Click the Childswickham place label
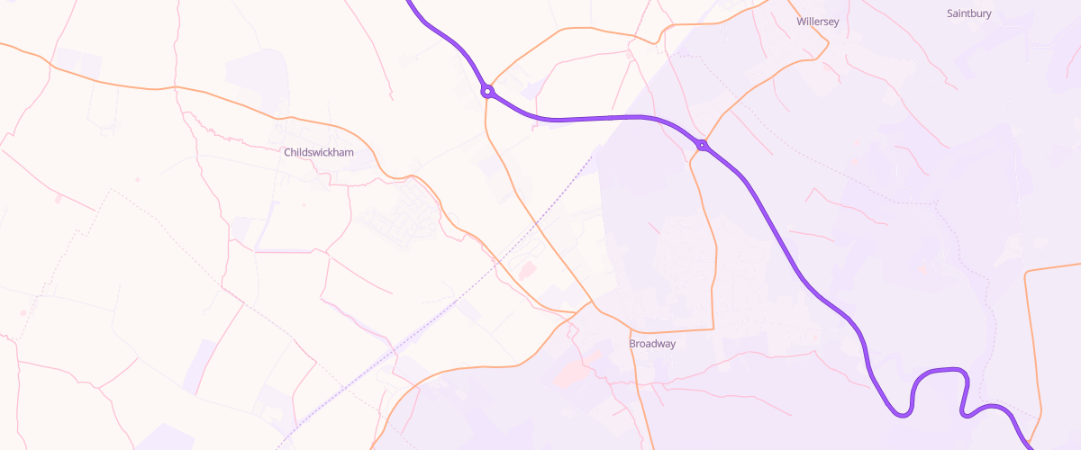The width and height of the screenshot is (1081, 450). tap(319, 152)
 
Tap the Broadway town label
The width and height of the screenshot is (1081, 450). tap(652, 344)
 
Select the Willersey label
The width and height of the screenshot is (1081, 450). tap(818, 22)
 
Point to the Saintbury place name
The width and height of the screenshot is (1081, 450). tap(969, 13)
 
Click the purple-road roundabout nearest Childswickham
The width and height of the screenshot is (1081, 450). tap(486, 91)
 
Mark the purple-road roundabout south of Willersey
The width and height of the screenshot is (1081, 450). tap(701, 145)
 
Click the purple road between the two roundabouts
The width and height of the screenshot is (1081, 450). tap(595, 118)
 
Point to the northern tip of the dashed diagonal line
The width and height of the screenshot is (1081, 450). tap(594, 156)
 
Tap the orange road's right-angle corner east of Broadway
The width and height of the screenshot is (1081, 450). tap(714, 328)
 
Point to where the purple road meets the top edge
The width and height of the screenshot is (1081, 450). tap(408, 2)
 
